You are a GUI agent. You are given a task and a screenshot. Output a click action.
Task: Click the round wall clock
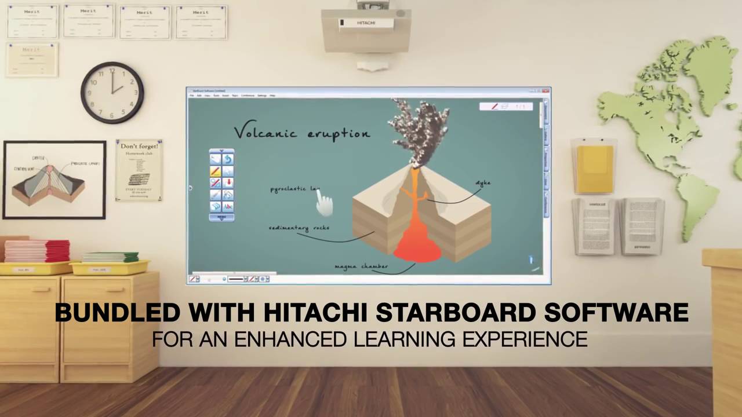click(x=112, y=93)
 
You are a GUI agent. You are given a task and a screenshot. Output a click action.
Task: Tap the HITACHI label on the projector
click(x=366, y=23)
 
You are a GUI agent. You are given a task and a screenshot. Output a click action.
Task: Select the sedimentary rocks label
click(x=299, y=228)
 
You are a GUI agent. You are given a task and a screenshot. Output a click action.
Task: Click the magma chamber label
click(x=361, y=266)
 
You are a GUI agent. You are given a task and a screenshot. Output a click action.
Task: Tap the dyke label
click(x=483, y=183)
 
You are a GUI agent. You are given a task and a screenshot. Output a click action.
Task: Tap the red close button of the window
click(x=545, y=91)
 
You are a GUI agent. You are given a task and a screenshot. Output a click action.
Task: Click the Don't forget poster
click(x=139, y=170)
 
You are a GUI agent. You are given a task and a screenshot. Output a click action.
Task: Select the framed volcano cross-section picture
click(x=54, y=180)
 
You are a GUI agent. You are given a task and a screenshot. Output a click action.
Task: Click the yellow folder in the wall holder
click(x=594, y=167)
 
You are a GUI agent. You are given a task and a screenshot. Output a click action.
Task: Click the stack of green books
click(x=110, y=257)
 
